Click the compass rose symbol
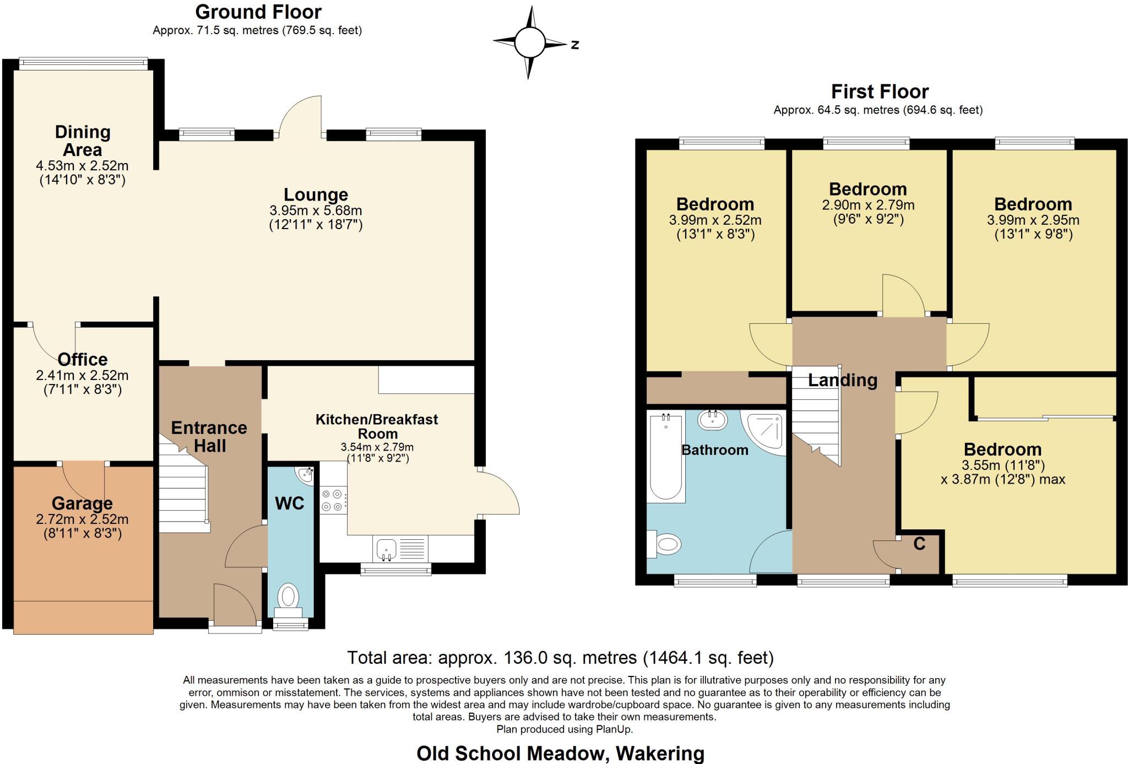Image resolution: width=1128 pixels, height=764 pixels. (x=529, y=42)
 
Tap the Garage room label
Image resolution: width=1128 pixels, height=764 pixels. (x=82, y=503)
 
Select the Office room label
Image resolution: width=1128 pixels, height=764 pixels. (x=82, y=359)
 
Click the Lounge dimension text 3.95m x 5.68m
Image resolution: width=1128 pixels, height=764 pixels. (x=316, y=210)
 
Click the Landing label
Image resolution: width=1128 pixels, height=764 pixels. (x=842, y=380)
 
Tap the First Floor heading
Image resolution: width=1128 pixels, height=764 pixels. (x=880, y=91)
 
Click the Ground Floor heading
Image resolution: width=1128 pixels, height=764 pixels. (x=258, y=12)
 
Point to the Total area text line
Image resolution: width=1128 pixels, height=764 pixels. (x=560, y=658)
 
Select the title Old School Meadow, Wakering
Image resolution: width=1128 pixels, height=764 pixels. (x=560, y=753)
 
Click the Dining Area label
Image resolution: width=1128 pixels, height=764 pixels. (x=82, y=140)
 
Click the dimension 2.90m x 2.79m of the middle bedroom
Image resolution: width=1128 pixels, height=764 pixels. (x=868, y=205)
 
